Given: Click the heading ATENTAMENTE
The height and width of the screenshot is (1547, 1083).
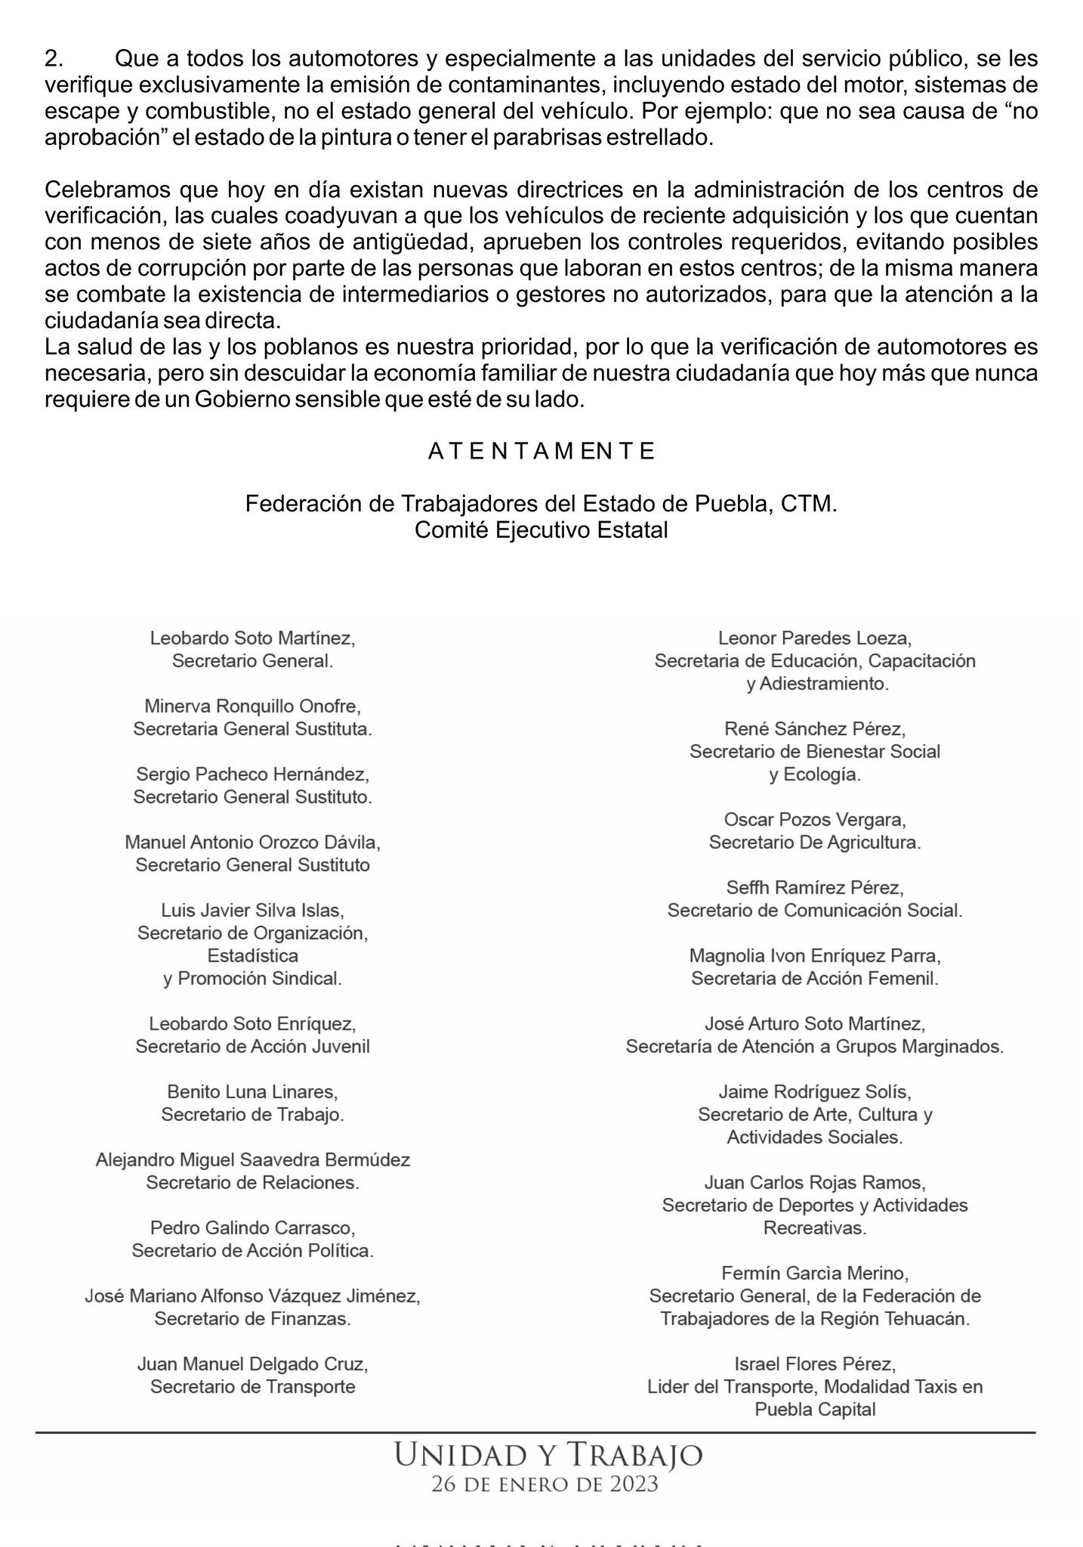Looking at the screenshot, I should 541,452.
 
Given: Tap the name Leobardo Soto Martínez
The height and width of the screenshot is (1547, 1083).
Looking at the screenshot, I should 252,638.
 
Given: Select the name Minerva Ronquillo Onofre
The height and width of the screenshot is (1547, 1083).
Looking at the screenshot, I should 252,706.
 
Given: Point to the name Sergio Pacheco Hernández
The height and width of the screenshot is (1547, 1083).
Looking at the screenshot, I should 252,774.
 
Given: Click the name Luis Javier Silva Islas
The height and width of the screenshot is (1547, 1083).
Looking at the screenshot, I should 252,910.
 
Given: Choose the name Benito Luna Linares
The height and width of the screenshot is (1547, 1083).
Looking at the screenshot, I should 252,1092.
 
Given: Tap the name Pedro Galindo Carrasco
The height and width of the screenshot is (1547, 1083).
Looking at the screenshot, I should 252,1227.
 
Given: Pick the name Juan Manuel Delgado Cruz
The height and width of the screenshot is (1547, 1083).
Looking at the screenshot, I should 252,1365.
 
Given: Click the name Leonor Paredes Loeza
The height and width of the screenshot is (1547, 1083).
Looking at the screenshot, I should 815,638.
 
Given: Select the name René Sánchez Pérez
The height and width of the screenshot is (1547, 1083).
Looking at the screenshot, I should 815,729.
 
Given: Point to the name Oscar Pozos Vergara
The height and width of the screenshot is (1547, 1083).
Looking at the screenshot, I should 815,820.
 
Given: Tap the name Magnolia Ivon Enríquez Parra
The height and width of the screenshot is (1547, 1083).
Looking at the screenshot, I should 815,956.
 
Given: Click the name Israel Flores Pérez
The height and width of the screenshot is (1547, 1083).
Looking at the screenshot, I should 815,1365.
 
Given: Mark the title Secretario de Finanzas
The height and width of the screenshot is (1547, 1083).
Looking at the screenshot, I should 252,1319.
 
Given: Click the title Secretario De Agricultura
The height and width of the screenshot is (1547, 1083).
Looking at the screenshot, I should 815,842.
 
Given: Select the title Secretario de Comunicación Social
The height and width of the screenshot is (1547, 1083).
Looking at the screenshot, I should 815,910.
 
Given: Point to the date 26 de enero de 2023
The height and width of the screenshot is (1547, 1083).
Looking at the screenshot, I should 545,1484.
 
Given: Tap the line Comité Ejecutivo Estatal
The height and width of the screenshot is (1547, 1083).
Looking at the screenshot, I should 541,530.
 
